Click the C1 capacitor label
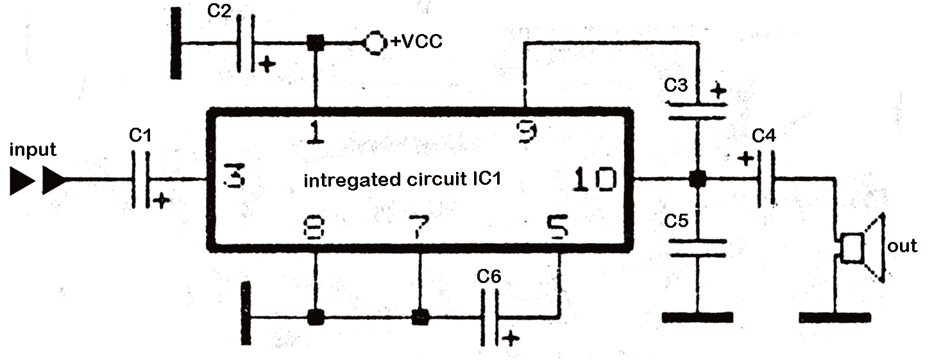(x=140, y=135)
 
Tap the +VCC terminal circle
(x=375, y=42)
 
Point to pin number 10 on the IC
(x=595, y=180)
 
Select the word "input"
(x=33, y=150)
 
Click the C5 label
(x=677, y=221)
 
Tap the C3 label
(x=677, y=85)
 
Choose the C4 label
(x=764, y=135)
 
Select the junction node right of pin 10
(x=697, y=180)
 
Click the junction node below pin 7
(x=420, y=317)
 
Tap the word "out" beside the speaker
(x=902, y=246)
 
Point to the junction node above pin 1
(x=314, y=43)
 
